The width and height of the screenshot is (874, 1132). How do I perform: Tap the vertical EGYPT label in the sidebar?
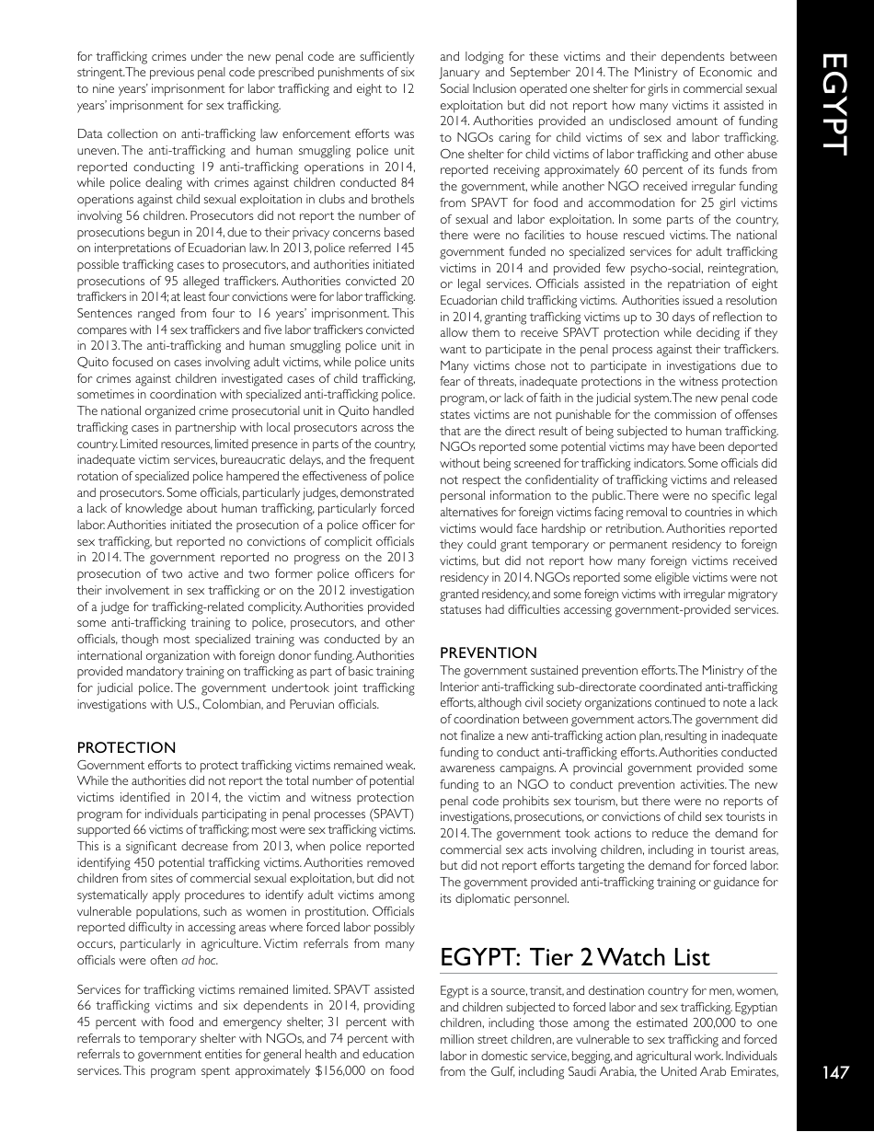[835, 103]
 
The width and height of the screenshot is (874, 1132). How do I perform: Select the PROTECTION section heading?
[126, 748]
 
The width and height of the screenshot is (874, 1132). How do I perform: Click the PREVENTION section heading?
[489, 653]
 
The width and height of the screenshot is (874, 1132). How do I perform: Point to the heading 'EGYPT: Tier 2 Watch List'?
[575, 957]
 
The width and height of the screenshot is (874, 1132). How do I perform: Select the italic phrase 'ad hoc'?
[201, 961]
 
